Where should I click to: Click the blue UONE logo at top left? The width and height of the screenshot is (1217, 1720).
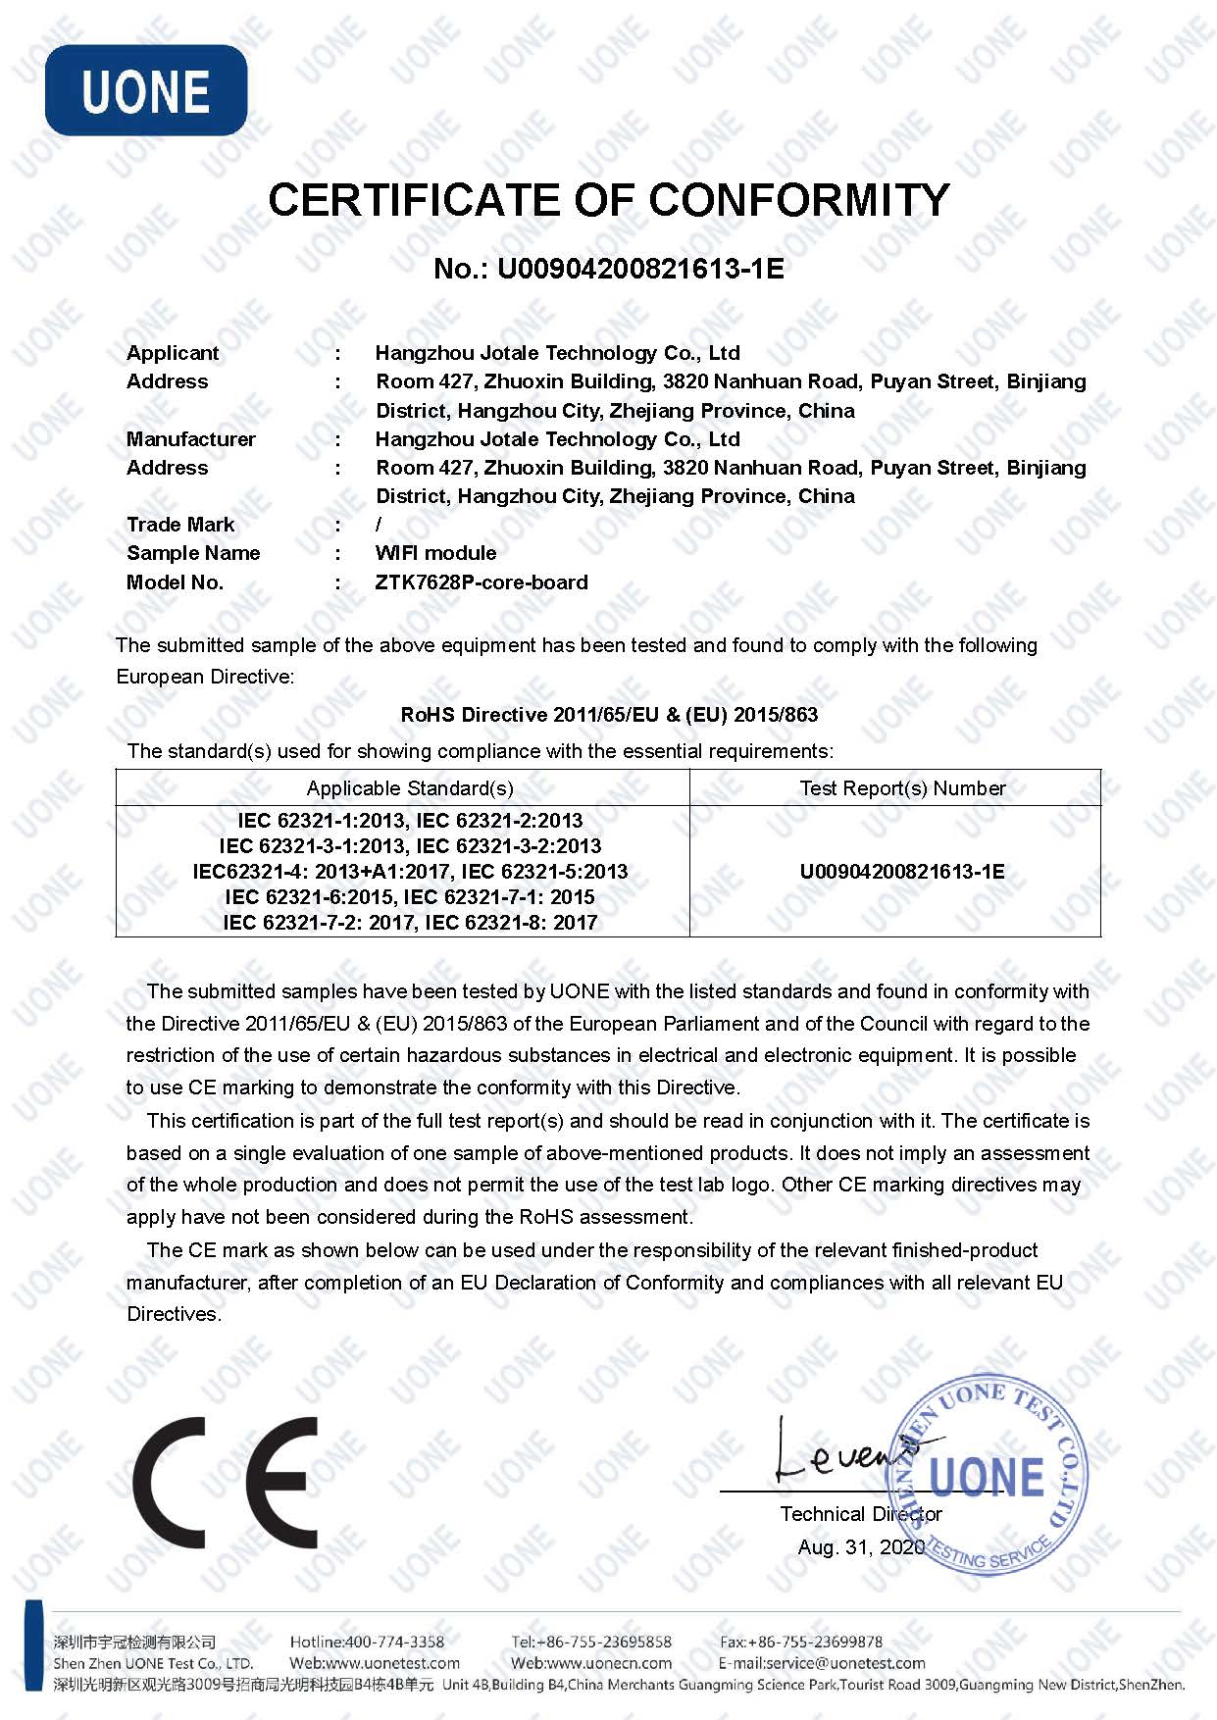[x=146, y=90]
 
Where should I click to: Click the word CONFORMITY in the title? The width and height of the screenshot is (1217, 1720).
[x=798, y=200]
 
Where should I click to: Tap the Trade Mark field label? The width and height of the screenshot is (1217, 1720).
[x=180, y=525]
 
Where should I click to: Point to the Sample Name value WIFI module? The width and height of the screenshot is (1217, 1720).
[x=435, y=553]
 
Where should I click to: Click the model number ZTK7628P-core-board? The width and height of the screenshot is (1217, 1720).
[x=482, y=582]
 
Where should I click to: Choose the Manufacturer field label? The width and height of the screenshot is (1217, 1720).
[x=191, y=439]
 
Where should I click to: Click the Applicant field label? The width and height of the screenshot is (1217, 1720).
[x=173, y=353]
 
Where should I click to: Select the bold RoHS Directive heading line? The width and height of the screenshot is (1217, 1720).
[x=609, y=715]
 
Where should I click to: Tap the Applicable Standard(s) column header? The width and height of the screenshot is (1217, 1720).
[x=410, y=788]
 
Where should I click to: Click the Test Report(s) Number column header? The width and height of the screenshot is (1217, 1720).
[x=902, y=788]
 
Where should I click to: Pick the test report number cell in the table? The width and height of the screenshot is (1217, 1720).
[x=902, y=872]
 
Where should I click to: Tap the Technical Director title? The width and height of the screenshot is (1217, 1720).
[x=860, y=1514]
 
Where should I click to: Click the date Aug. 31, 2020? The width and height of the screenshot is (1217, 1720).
[x=860, y=1547]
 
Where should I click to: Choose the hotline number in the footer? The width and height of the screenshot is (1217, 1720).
[x=367, y=1642]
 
